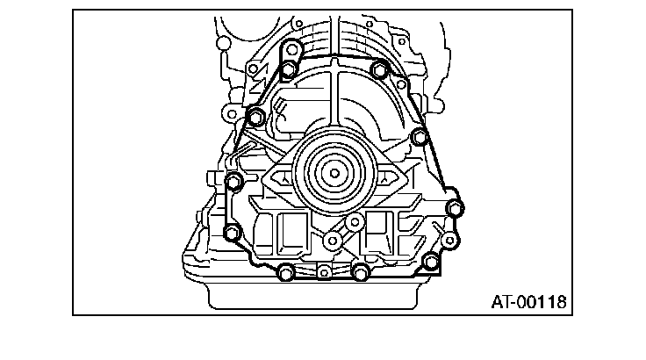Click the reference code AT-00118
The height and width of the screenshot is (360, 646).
[528, 302]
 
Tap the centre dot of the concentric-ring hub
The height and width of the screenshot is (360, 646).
[334, 173]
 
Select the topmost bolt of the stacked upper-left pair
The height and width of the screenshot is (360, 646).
[291, 50]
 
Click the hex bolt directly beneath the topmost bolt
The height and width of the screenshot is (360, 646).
[289, 69]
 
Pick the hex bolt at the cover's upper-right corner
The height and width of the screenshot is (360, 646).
[379, 69]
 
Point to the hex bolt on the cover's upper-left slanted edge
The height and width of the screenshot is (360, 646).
[255, 116]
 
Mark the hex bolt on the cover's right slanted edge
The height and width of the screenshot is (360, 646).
[420, 136]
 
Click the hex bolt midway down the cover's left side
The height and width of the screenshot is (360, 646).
[234, 182]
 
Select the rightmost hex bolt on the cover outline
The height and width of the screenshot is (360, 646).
[455, 208]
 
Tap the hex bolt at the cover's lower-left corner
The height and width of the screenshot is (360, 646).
[232, 233]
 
